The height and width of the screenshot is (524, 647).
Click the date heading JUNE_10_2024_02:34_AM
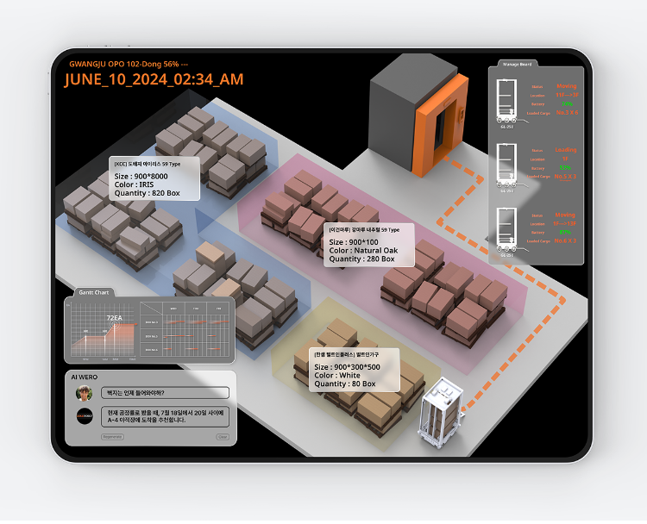[x=154, y=79]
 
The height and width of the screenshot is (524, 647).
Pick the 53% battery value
[x=565, y=166]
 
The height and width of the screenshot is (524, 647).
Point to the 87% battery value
[x=565, y=232]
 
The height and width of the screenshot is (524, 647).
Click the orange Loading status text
[x=566, y=149]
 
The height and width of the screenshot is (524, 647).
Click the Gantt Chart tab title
[x=93, y=292]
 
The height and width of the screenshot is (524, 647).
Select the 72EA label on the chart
[x=114, y=318]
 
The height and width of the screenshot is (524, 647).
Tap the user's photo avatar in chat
[x=85, y=393]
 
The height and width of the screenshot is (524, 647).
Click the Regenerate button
[x=113, y=437]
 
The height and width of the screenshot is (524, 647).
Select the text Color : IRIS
[x=134, y=184]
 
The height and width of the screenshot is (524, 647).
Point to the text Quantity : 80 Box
[x=345, y=384]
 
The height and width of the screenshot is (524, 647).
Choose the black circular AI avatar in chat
[x=85, y=416]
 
